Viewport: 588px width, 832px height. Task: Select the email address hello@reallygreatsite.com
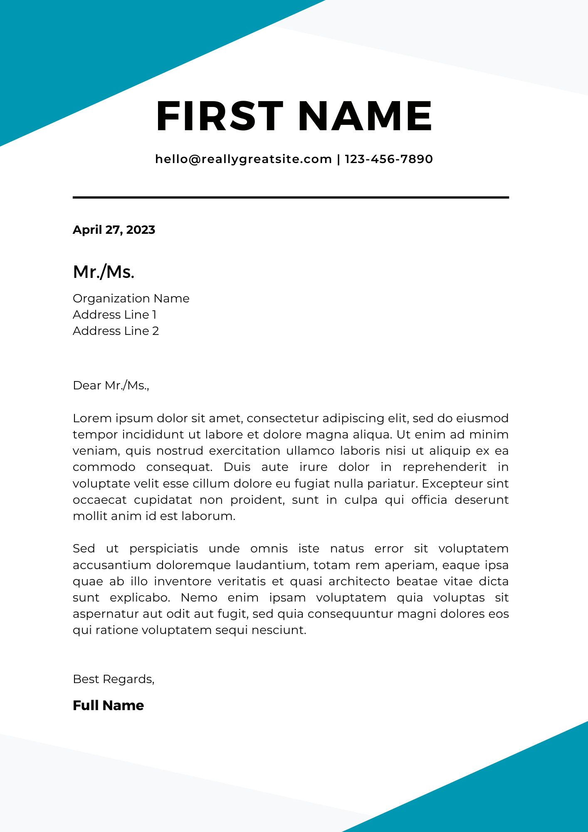[x=243, y=159]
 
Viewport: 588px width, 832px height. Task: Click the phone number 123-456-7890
[x=389, y=159]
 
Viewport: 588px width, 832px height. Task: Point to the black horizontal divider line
[x=291, y=198]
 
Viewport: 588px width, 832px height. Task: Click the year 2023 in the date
[x=141, y=230]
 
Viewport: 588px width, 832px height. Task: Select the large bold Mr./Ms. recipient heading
[x=104, y=272]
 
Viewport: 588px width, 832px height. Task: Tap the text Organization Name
[x=131, y=299]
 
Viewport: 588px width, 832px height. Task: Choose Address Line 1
[x=115, y=315]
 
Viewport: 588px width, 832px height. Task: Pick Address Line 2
[x=116, y=331]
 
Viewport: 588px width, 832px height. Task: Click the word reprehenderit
[x=445, y=467]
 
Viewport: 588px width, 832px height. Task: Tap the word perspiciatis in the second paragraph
[x=163, y=549]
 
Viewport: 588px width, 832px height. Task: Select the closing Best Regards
[x=114, y=679]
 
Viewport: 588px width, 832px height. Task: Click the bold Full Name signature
[x=108, y=706]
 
